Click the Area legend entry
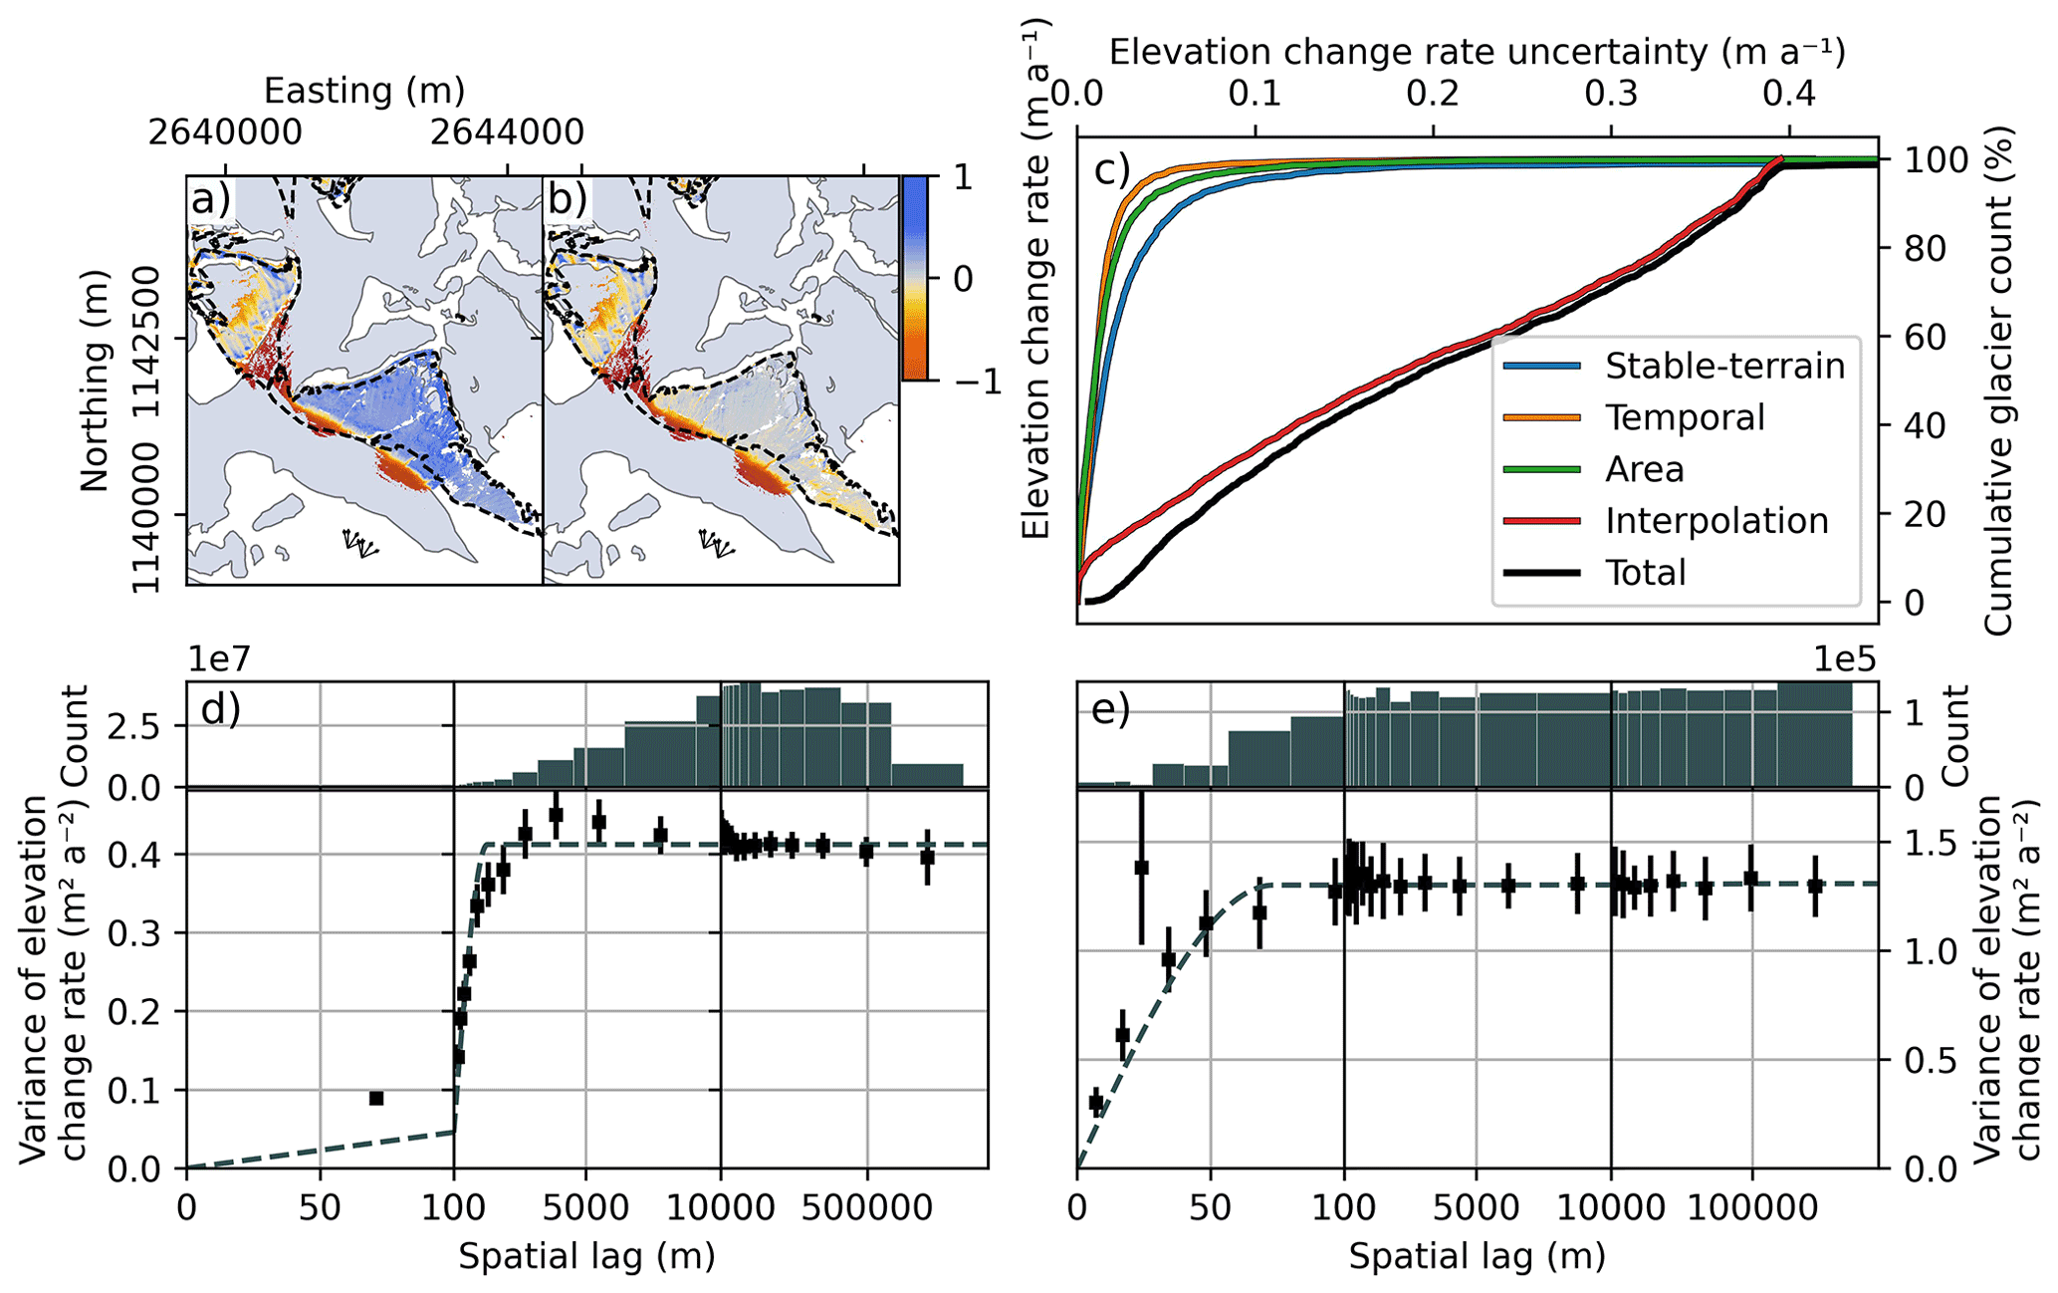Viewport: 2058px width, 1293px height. (1644, 469)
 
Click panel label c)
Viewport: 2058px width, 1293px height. (1110, 170)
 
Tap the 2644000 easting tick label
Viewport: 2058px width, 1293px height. (507, 132)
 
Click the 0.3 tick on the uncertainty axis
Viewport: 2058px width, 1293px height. (1611, 94)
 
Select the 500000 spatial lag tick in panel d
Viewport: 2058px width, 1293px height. (866, 1208)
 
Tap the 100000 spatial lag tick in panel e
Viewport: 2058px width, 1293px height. (1751, 1208)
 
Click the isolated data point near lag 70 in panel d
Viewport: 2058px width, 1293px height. (376, 1098)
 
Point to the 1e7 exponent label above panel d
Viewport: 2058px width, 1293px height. (217, 659)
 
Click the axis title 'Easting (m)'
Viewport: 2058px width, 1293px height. (364, 92)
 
